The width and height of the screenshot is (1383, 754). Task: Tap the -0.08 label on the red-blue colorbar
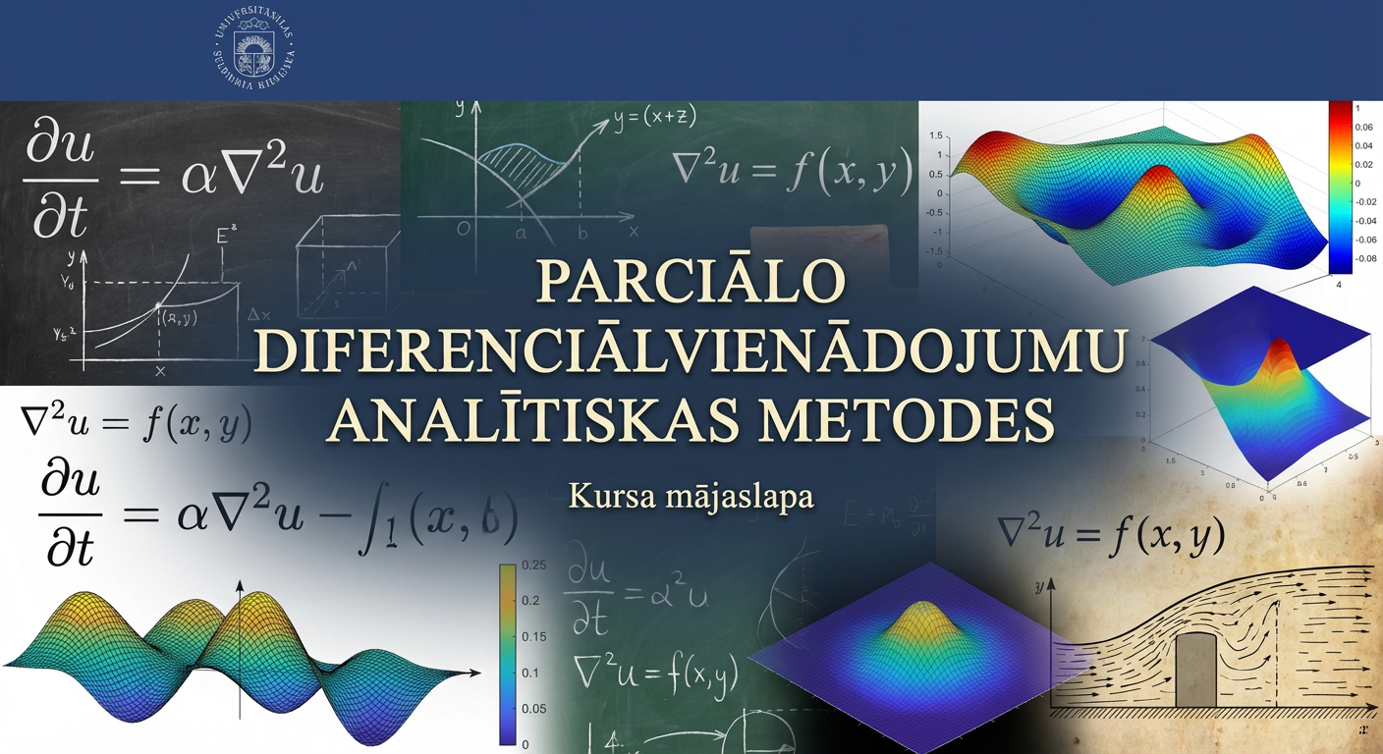(1357, 258)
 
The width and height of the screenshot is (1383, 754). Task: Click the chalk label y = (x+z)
(654, 118)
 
